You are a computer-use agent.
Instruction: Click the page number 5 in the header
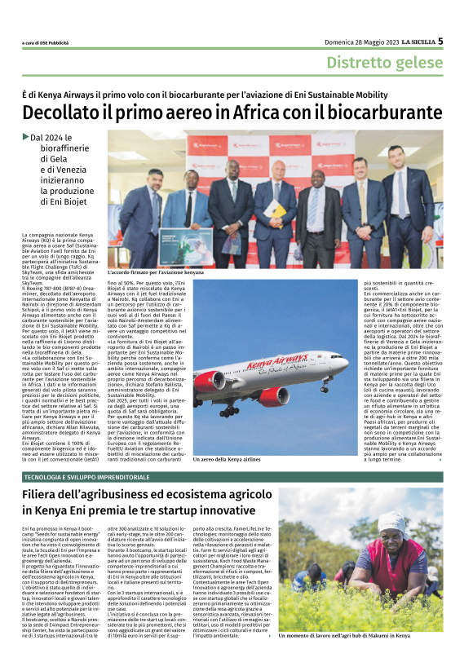462,41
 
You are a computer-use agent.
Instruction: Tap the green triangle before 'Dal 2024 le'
26,137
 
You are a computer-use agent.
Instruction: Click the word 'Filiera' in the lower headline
46,493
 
